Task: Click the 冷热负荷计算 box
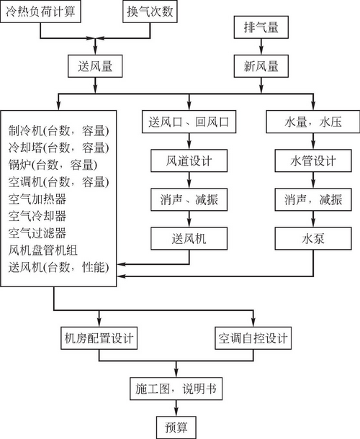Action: pos(40,12)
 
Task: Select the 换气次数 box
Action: pos(150,12)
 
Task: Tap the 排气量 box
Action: pos(261,27)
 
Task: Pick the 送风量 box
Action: pos(95,66)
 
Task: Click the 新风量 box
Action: pos(261,66)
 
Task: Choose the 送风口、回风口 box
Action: pos(189,122)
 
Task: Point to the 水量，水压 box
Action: pos(313,122)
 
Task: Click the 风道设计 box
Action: pos(189,160)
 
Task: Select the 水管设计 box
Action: pos(313,160)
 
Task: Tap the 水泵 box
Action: pos(313,238)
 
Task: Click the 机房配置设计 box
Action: pos(99,338)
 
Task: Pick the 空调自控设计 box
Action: pos(253,338)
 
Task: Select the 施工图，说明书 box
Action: pos(176,389)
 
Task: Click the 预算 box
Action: pos(176,427)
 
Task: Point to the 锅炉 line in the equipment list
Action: pos(53,165)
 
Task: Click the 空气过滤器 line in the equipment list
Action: pos(37,233)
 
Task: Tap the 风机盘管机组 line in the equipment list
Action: pos(43,250)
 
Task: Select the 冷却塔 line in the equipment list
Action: pos(58,148)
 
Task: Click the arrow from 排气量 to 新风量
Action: pos(261,47)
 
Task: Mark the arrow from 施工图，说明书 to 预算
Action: pos(176,408)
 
